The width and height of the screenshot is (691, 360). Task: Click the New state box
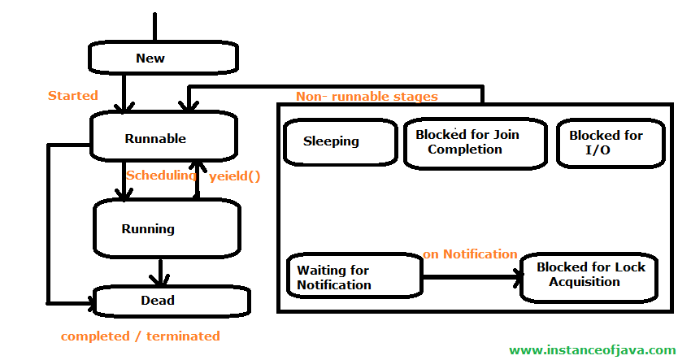click(163, 58)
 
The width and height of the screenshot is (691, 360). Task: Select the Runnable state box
click(163, 137)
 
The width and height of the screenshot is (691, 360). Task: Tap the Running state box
click(167, 228)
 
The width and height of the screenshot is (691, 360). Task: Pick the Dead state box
click(171, 301)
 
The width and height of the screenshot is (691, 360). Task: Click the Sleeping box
click(340, 142)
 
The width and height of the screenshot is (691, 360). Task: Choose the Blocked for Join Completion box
click(475, 143)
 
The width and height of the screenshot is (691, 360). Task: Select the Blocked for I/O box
click(611, 143)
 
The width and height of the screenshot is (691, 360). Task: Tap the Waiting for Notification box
click(354, 275)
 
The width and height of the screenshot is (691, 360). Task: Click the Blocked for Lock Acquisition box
click(589, 278)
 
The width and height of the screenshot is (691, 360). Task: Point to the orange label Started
click(72, 96)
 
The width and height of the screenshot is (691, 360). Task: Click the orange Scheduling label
click(161, 176)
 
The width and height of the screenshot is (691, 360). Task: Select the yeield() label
click(235, 176)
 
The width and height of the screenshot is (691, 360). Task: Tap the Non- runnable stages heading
click(367, 97)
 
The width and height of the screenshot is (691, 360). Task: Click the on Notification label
click(470, 254)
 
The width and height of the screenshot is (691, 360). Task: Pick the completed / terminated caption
click(140, 336)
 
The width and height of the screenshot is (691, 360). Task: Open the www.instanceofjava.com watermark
click(593, 350)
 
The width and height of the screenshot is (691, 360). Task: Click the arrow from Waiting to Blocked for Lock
click(472, 277)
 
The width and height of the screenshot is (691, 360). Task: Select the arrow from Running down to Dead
click(160, 272)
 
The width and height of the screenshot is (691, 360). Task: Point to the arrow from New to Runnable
click(124, 93)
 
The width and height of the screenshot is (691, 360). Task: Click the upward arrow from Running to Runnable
click(197, 180)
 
